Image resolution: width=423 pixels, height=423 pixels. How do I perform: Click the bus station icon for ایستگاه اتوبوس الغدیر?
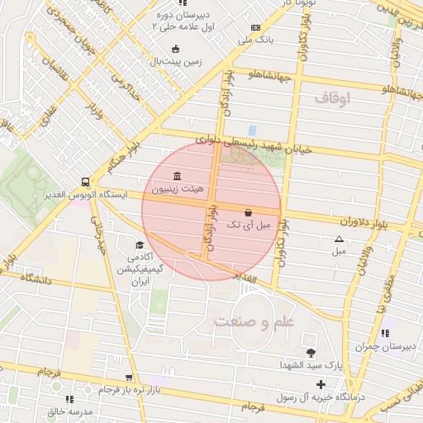[x=85, y=182]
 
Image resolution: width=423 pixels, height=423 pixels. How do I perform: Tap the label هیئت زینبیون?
[x=179, y=189]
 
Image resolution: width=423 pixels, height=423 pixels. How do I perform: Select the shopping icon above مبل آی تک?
[x=249, y=211]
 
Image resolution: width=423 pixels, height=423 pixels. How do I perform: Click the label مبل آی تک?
[x=249, y=224]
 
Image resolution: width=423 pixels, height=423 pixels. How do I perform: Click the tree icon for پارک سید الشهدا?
[x=311, y=353]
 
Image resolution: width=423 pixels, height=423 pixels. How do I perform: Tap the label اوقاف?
[x=333, y=98]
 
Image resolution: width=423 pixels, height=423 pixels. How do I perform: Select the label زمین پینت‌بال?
[x=175, y=61]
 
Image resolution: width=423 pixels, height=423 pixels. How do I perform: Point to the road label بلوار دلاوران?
[x=361, y=221]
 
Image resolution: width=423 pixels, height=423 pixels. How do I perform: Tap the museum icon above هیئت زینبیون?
[x=179, y=176]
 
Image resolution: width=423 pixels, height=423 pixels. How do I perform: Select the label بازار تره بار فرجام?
[x=110, y=387]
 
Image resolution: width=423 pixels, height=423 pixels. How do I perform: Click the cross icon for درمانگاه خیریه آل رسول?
[x=321, y=385]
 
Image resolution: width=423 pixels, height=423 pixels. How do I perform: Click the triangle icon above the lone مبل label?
[x=339, y=239]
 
